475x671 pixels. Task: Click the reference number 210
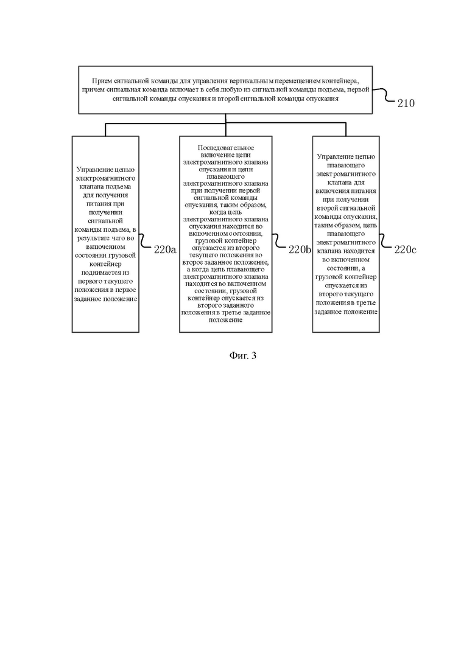(x=406, y=103)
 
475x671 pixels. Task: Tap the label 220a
(x=165, y=250)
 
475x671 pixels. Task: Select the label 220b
(x=300, y=249)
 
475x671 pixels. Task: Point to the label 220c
(x=405, y=249)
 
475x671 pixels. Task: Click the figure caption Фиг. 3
(x=243, y=355)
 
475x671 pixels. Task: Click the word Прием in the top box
(x=100, y=80)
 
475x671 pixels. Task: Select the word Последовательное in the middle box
(x=226, y=148)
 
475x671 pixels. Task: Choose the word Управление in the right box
(x=333, y=156)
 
